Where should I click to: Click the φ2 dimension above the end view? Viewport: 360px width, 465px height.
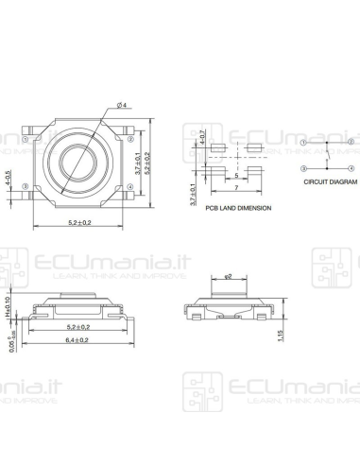227,250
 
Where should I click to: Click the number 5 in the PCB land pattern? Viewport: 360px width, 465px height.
235,176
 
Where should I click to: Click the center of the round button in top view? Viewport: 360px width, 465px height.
76,162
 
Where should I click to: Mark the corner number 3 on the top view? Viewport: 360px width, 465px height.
26,187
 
